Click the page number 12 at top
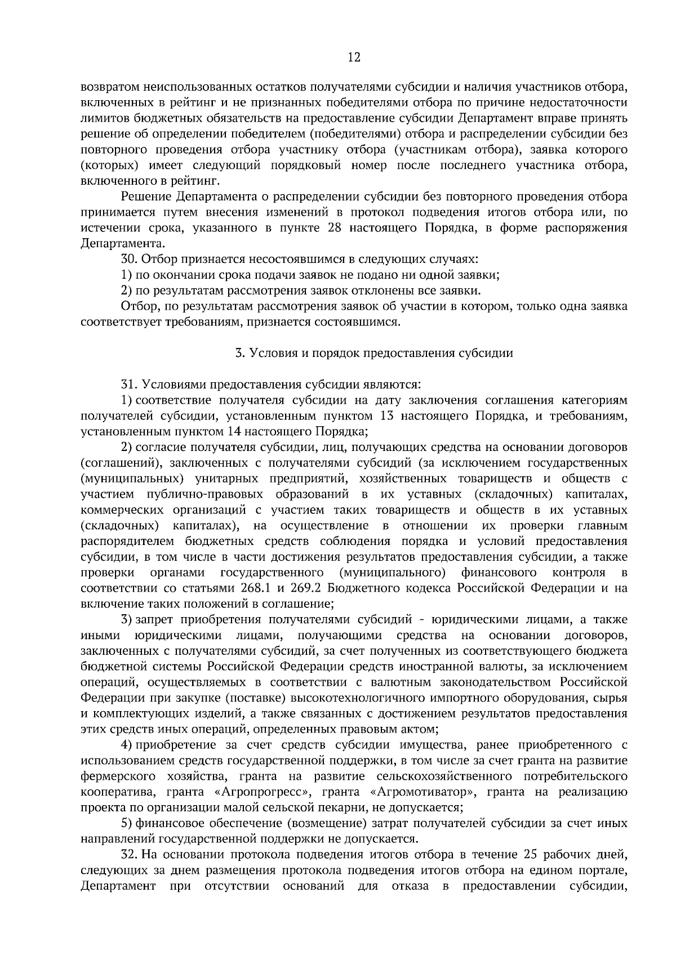click(354, 57)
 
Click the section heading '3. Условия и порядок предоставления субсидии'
click(374, 354)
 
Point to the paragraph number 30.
click(129, 260)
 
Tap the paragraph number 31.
click(129, 385)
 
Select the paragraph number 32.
click(129, 855)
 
